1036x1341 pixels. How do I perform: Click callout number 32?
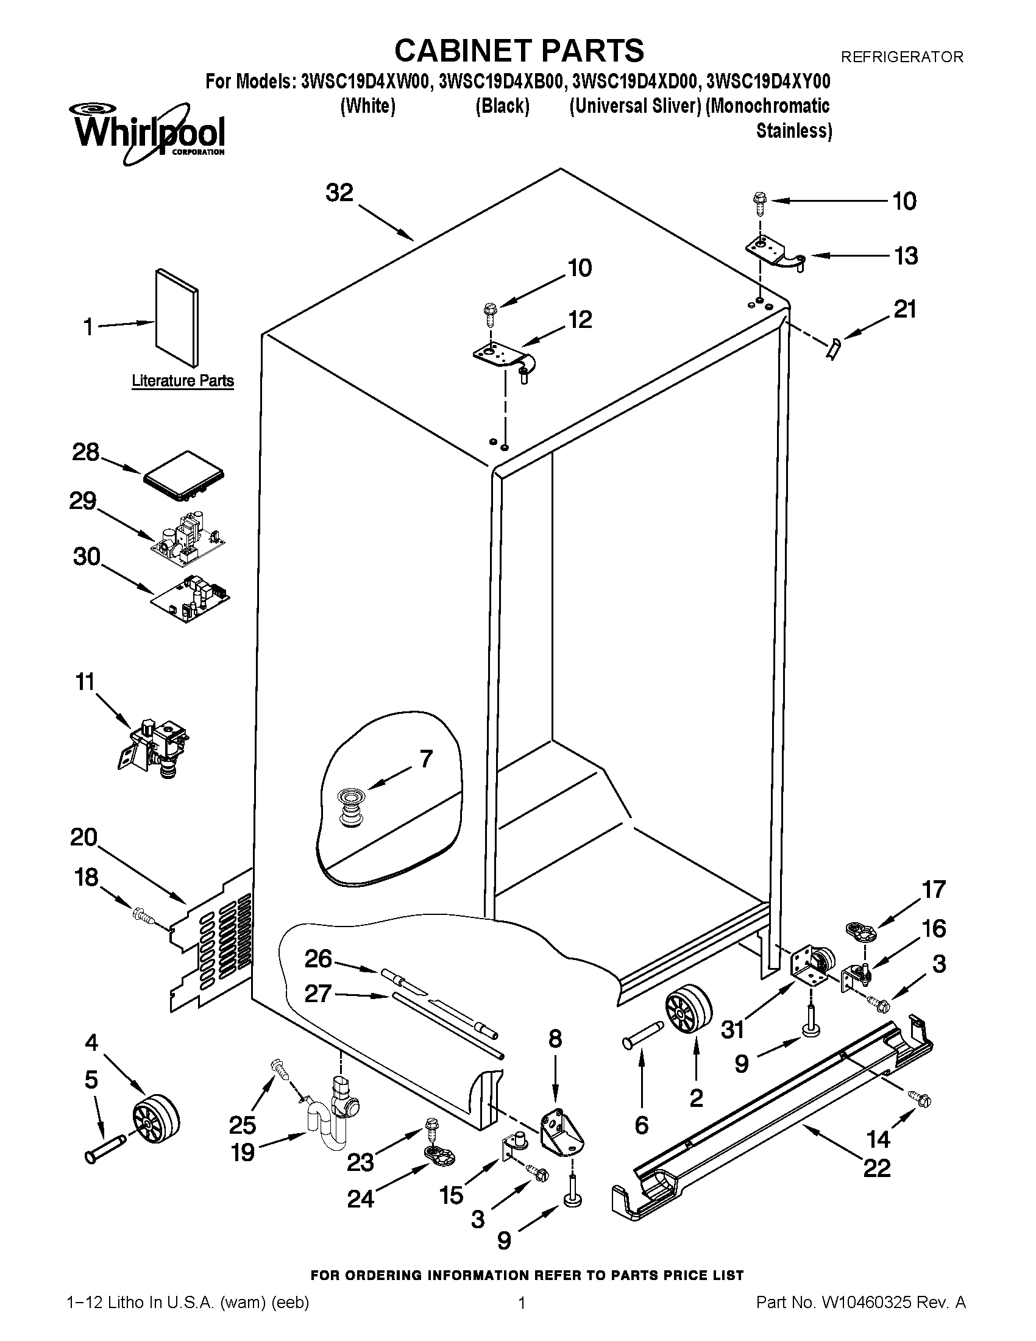339,193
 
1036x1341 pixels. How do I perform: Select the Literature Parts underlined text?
183,381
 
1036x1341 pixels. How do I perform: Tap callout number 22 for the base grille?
876,1167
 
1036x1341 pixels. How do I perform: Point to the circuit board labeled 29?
189,536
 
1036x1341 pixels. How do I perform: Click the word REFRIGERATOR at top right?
901,57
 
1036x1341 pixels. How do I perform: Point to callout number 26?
319,958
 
